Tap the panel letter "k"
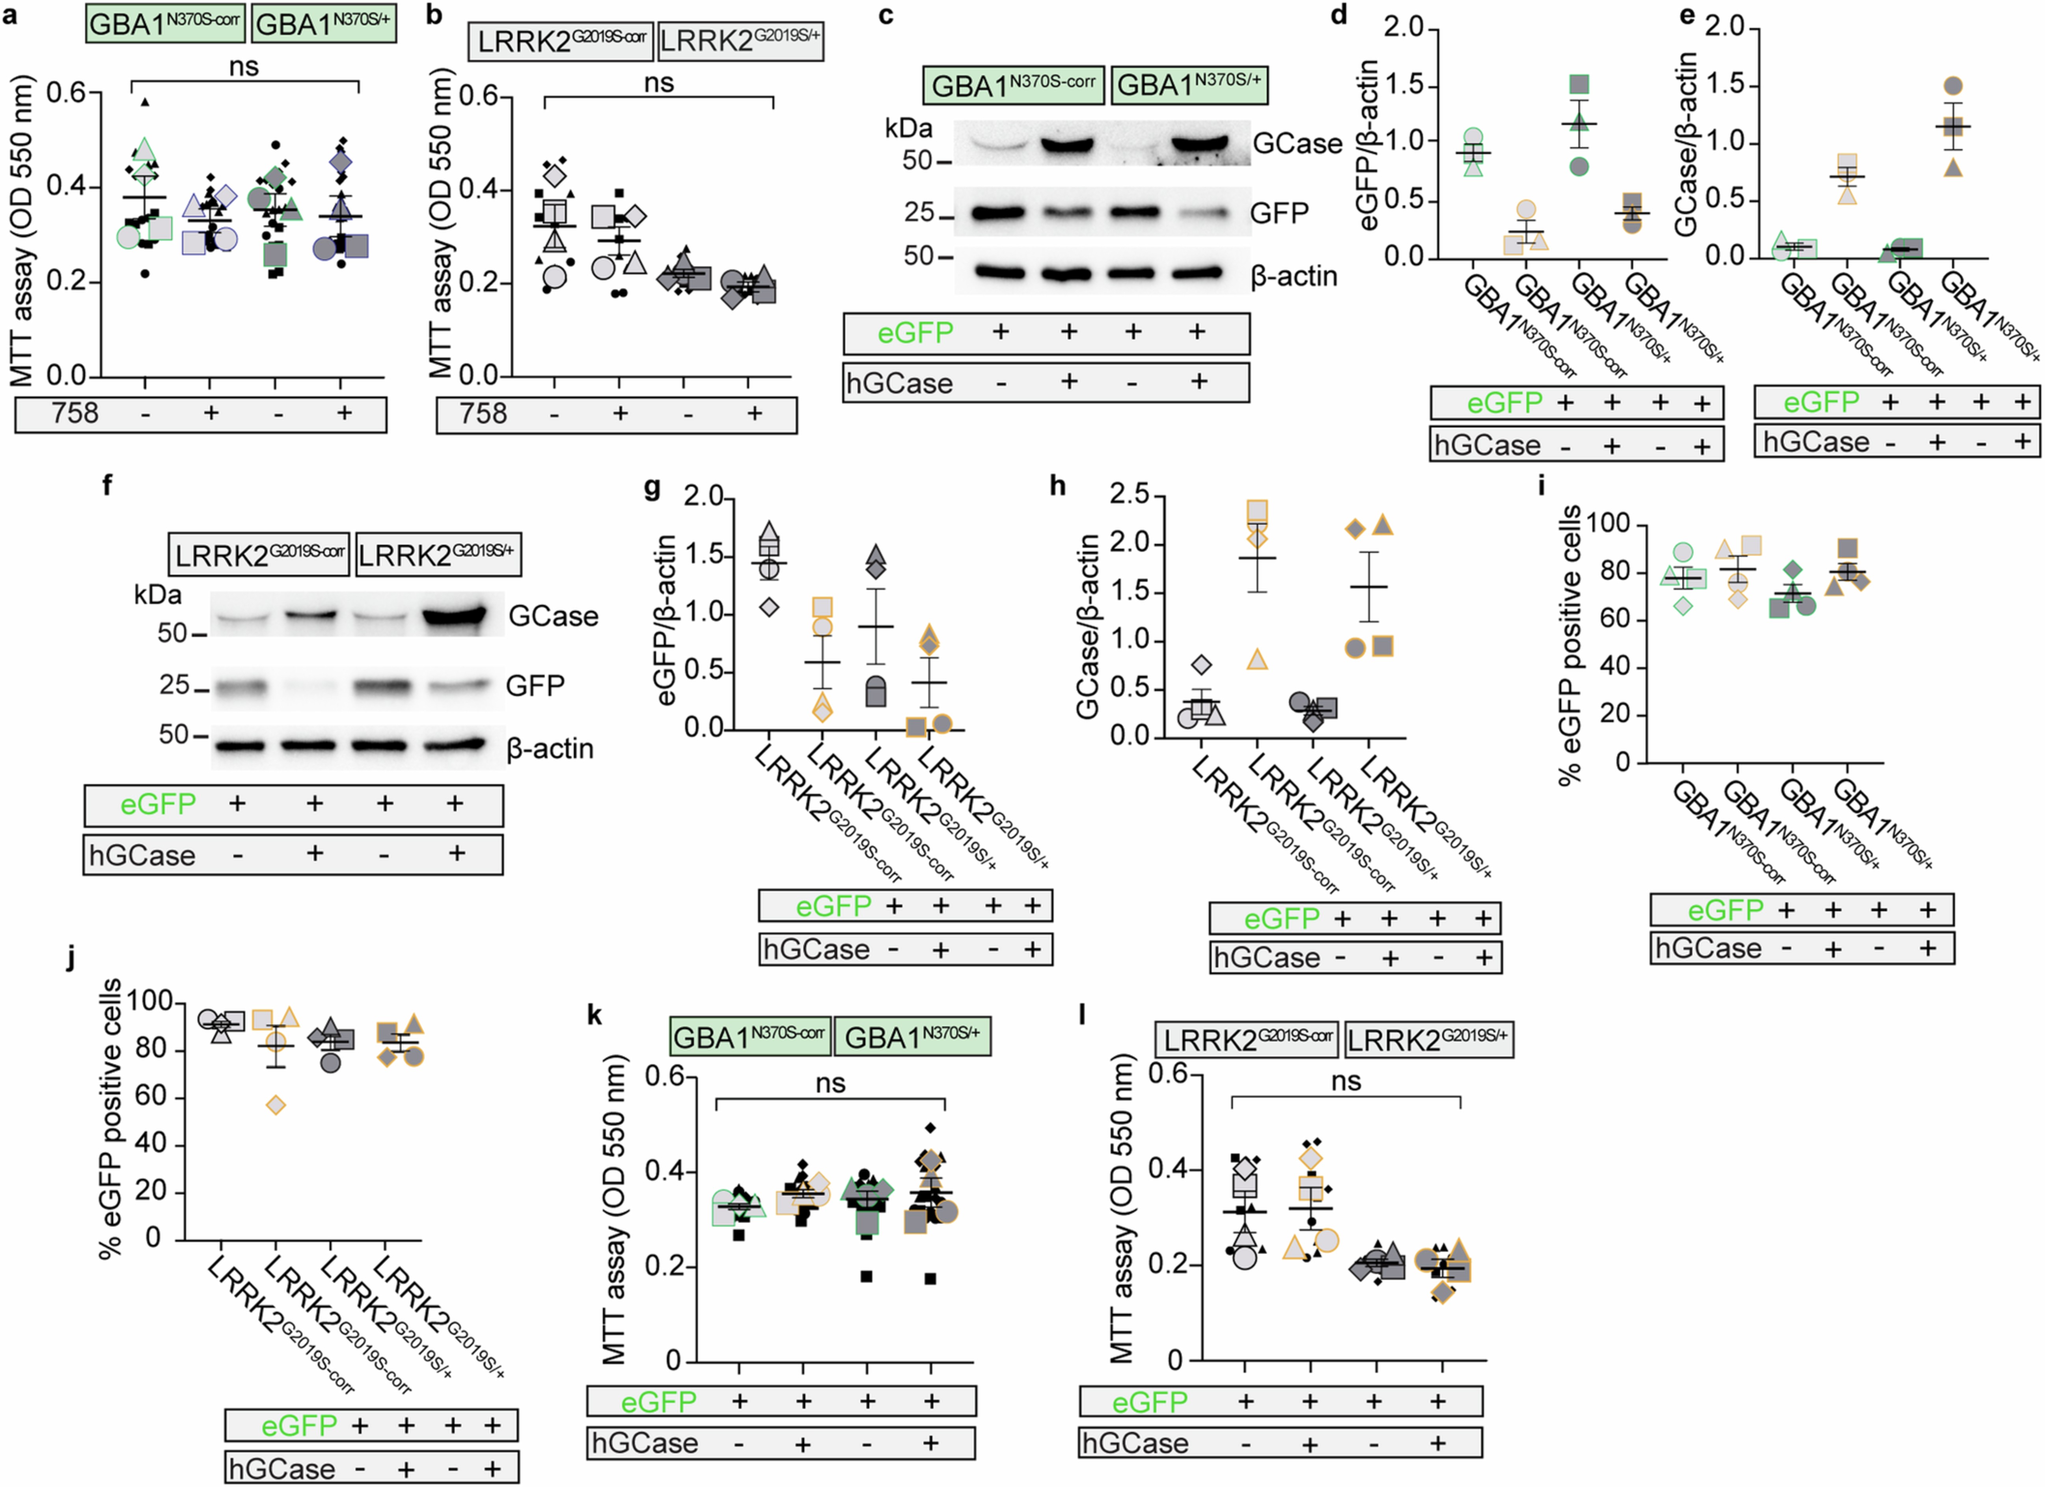pyautogui.click(x=594, y=1016)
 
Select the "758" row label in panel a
pyautogui.click(x=75, y=414)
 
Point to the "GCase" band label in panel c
pyautogui.click(x=1297, y=143)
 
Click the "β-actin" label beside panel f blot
pyautogui.click(x=549, y=749)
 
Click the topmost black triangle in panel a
pyautogui.click(x=145, y=102)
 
